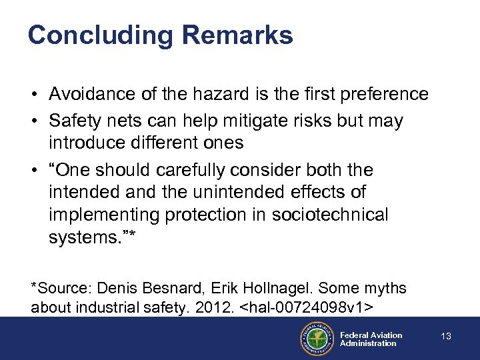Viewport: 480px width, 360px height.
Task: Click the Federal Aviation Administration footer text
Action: coord(371,339)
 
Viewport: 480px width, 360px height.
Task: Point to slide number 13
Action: coord(446,337)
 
